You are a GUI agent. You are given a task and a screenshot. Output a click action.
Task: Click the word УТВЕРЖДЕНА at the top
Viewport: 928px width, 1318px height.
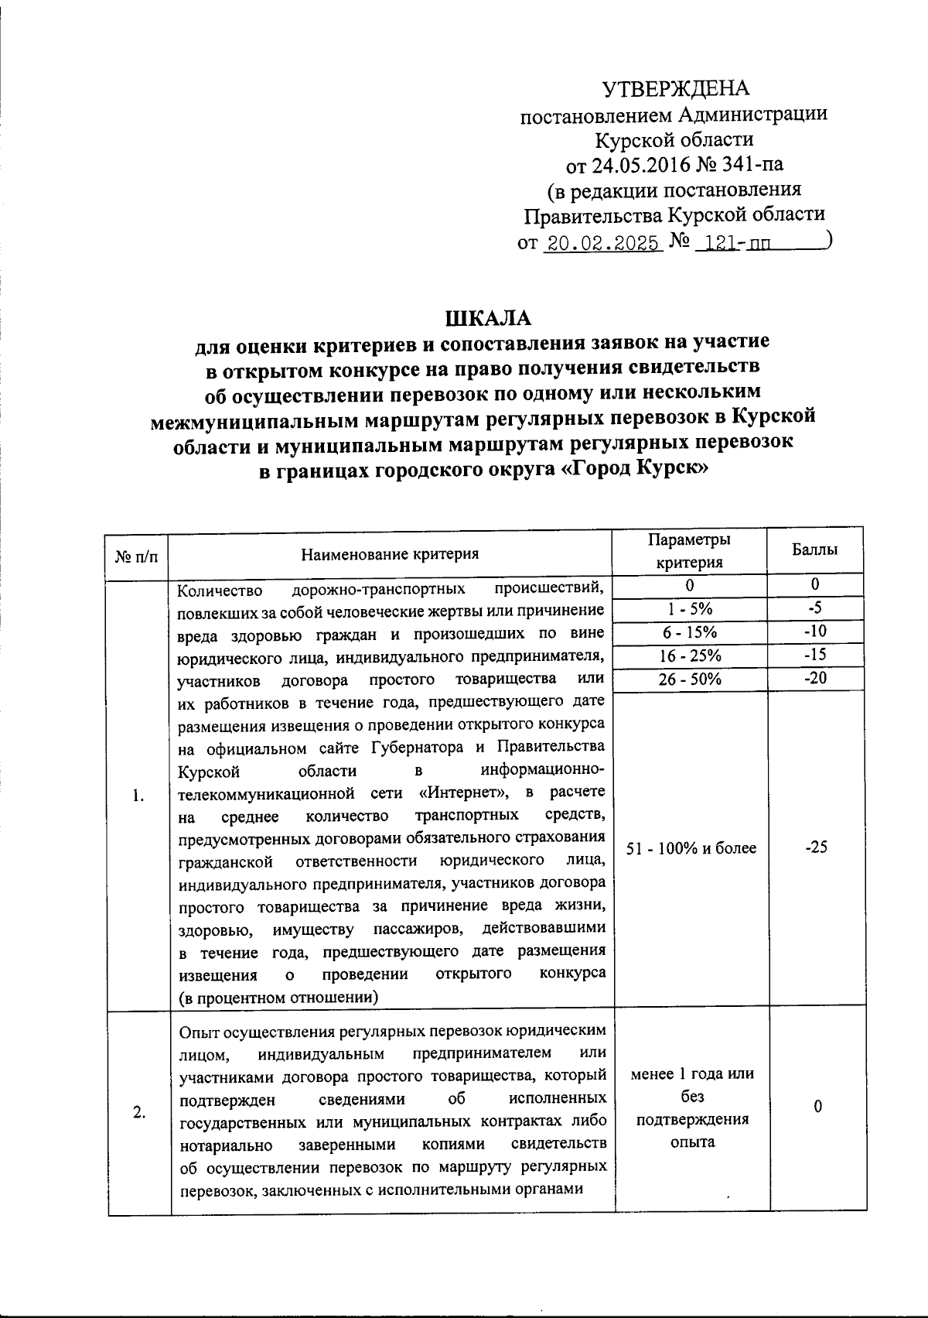[676, 88]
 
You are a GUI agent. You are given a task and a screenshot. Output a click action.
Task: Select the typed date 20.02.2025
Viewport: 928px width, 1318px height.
[602, 245]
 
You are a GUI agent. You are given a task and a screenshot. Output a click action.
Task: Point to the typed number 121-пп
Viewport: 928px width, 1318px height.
[738, 245]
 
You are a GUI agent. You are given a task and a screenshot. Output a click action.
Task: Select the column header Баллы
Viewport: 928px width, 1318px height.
[814, 550]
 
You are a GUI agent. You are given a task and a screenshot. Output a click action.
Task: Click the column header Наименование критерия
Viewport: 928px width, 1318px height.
[390, 553]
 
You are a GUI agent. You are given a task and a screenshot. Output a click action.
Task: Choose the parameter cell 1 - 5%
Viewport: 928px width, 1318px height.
[691, 609]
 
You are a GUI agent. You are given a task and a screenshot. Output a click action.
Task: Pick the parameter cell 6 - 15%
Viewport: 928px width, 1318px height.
[691, 632]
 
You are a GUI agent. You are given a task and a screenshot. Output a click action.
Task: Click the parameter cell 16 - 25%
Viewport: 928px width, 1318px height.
[691, 656]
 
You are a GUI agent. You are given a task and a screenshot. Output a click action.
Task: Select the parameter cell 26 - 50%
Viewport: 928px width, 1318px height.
[691, 679]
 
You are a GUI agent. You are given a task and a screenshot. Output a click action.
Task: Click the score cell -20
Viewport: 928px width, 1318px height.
[814, 678]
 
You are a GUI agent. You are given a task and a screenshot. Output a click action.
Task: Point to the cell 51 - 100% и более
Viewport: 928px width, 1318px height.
[691, 848]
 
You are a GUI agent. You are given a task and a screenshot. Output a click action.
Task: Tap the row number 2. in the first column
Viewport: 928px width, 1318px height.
[138, 1113]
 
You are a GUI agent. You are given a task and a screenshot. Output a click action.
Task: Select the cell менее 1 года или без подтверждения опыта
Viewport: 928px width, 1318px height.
[692, 1107]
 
